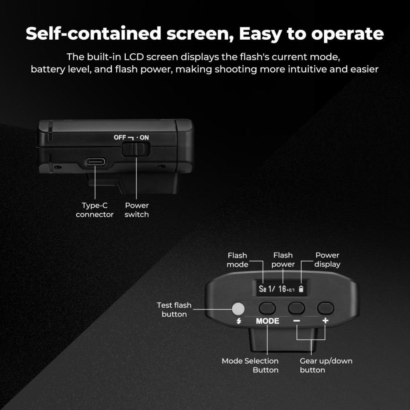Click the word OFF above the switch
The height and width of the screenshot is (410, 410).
tap(120, 137)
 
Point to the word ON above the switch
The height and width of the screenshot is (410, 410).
tap(144, 137)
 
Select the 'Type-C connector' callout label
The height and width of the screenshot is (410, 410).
tap(95, 210)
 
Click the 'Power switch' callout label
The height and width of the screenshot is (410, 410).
tap(137, 210)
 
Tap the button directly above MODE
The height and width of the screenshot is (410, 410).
tap(267, 308)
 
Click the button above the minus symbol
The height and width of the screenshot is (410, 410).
tap(297, 308)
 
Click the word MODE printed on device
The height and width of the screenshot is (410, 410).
tap(267, 321)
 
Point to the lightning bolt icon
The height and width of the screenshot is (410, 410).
tap(239, 321)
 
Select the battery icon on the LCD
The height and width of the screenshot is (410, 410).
tap(301, 289)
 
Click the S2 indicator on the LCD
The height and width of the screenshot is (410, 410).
tap(262, 289)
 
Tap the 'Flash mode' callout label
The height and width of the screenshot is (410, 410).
tap(237, 260)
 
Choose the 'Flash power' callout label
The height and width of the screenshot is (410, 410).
tap(283, 260)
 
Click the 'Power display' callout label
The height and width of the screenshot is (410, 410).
tap(327, 260)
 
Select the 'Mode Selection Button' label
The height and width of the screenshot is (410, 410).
tap(250, 365)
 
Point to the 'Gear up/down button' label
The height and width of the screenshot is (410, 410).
tap(326, 365)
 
